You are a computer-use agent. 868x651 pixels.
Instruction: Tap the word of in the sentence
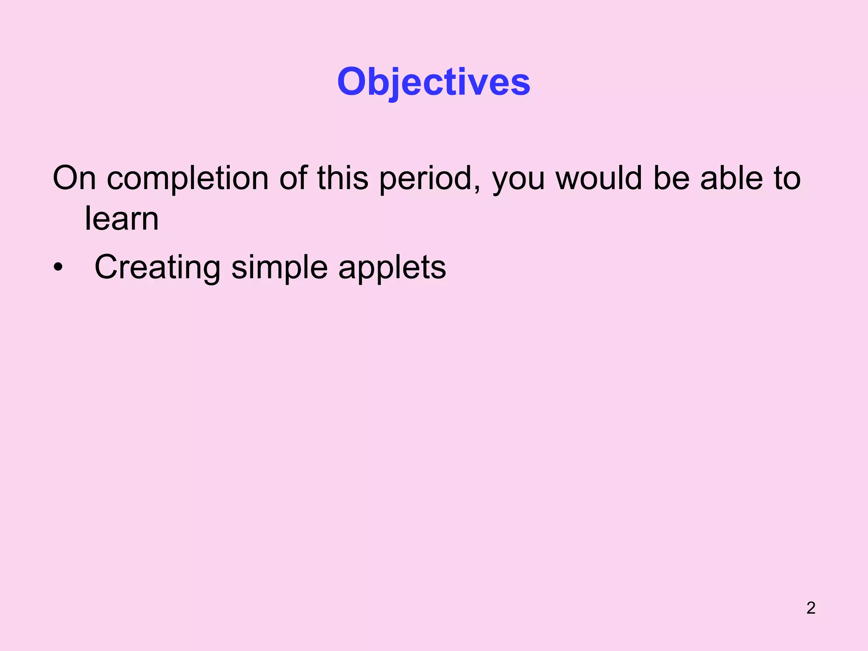tap(293, 178)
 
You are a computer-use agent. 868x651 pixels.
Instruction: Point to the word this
tap(342, 178)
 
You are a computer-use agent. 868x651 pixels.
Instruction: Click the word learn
tap(122, 219)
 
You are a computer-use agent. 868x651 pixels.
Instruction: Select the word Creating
tap(157, 268)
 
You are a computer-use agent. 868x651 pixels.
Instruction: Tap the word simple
tap(279, 268)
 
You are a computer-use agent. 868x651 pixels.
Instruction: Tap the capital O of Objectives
tap(352, 81)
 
